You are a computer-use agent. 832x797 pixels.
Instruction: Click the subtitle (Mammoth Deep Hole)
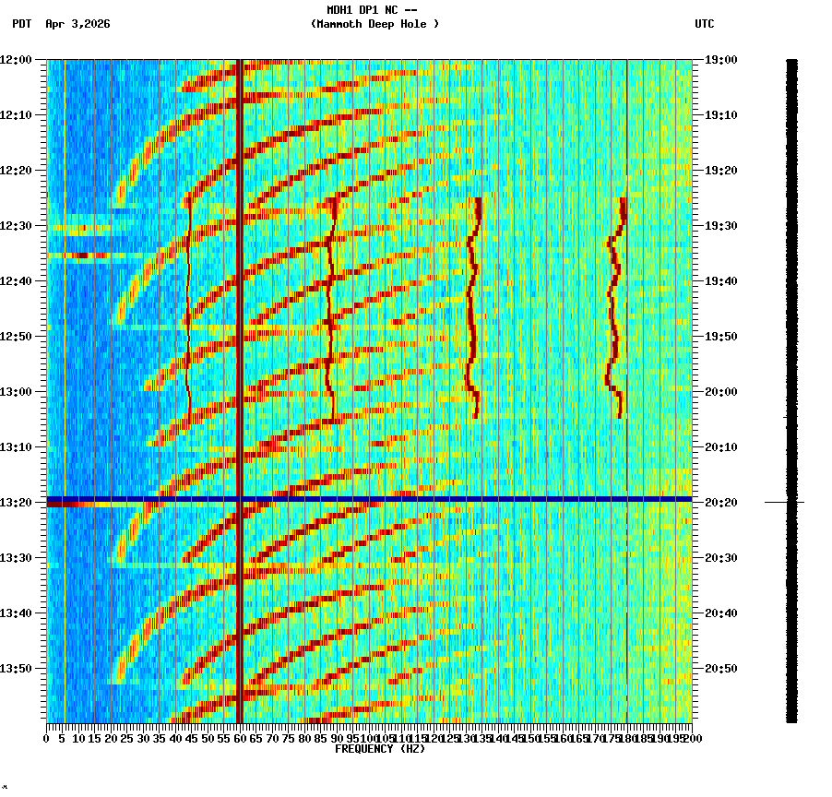pyautogui.click(x=374, y=24)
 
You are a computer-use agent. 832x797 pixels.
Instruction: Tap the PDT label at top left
pyautogui.click(x=21, y=24)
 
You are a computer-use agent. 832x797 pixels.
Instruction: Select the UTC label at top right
pyautogui.click(x=704, y=24)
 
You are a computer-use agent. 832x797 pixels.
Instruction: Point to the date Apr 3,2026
pyautogui.click(x=77, y=24)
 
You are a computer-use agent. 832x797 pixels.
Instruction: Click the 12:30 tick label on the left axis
pyautogui.click(x=16, y=226)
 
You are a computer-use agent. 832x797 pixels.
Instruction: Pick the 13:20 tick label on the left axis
pyautogui.click(x=16, y=503)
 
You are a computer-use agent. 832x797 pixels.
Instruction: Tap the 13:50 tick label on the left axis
pyautogui.click(x=16, y=669)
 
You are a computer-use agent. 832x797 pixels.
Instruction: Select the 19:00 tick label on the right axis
pyautogui.click(x=720, y=60)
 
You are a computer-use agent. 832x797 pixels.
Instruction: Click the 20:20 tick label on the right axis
pyautogui.click(x=720, y=503)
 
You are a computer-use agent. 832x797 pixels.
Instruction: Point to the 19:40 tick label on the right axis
pyautogui.click(x=720, y=281)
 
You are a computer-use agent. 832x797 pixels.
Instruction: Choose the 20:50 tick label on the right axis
pyautogui.click(x=720, y=669)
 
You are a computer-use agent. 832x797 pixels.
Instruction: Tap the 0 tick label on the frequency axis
pyautogui.click(x=47, y=739)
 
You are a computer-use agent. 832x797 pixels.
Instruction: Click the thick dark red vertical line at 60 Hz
pyautogui.click(x=239, y=277)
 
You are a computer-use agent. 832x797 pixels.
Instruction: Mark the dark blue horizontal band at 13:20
pyautogui.click(x=369, y=499)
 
